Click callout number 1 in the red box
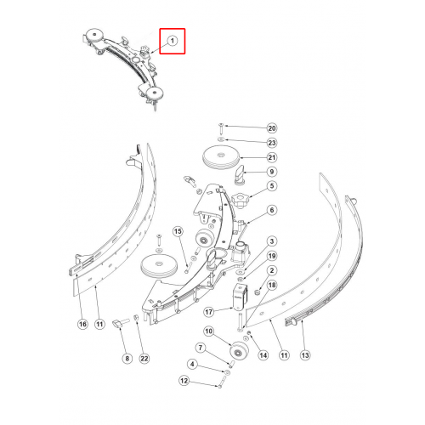173,41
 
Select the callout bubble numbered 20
272,128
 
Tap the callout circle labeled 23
272,143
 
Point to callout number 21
272,157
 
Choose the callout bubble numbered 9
272,172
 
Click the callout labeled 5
272,186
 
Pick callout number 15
178,231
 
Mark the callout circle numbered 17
209,312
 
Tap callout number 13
305,355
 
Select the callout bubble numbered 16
82,324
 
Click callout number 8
127,359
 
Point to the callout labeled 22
144,359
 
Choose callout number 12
184,381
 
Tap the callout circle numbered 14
263,355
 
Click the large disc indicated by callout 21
221,157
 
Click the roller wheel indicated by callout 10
240,351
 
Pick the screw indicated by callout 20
221,129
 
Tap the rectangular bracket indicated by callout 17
240,296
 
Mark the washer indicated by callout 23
221,139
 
